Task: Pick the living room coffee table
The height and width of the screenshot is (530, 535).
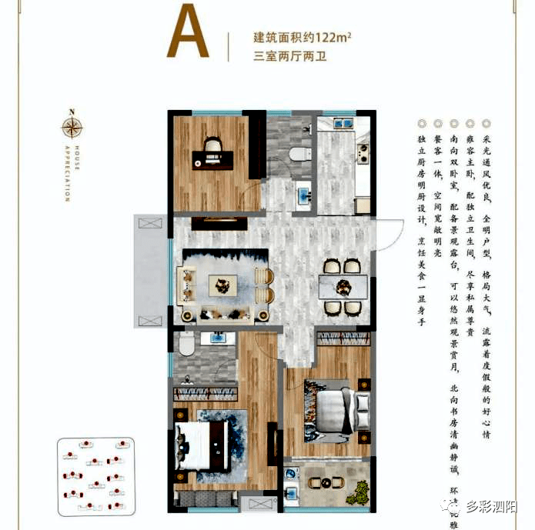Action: tap(222, 285)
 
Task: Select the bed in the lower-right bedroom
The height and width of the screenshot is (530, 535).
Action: tap(333, 408)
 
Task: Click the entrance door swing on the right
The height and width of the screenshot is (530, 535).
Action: tap(389, 232)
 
